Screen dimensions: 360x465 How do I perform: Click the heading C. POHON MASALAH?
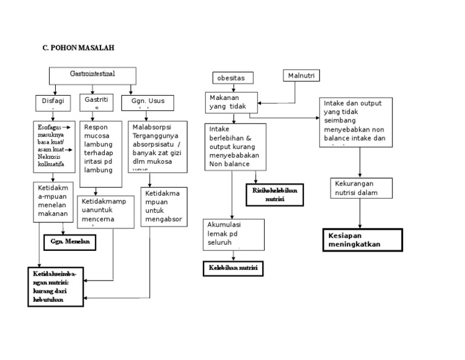click(x=74, y=48)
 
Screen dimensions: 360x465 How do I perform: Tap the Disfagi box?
click(x=53, y=102)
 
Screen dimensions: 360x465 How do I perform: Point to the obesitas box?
click(x=232, y=78)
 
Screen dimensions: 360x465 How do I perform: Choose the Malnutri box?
click(x=301, y=76)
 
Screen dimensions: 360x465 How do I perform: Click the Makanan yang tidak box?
click(x=232, y=102)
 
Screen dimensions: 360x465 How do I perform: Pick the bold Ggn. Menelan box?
click(x=70, y=241)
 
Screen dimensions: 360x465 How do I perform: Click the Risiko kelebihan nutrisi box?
click(x=275, y=195)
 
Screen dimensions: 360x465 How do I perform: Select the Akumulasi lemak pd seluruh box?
click(x=234, y=235)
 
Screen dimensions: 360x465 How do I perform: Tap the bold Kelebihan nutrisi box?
click(x=232, y=268)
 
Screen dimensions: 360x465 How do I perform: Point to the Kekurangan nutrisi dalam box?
click(x=360, y=188)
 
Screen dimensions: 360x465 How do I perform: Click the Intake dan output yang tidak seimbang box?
click(x=356, y=122)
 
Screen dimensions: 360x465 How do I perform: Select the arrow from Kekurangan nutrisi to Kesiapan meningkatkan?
click(x=361, y=213)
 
